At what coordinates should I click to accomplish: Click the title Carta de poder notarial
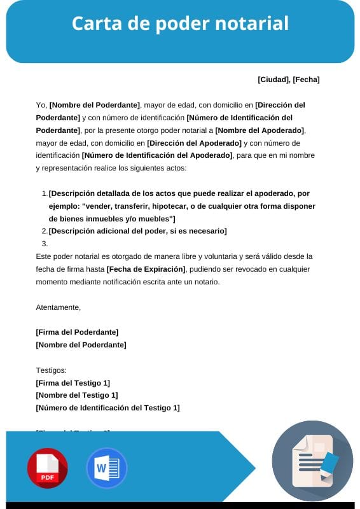180,24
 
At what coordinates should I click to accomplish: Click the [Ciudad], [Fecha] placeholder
288,80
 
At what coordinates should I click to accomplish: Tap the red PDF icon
47,468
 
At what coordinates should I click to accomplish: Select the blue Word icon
106,468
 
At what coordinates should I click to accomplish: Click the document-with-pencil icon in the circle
312,461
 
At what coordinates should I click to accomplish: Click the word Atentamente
59,307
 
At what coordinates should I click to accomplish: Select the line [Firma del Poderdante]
77,332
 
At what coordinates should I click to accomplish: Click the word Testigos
51,370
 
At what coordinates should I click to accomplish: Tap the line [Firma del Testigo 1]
73,382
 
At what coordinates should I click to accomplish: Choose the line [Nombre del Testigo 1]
77,395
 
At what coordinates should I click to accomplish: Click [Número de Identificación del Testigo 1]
107,408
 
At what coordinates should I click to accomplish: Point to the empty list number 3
45,244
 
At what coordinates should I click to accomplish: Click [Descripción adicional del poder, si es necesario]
137,231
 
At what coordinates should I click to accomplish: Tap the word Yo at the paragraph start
41,105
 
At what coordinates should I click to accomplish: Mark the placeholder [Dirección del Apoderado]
194,143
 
